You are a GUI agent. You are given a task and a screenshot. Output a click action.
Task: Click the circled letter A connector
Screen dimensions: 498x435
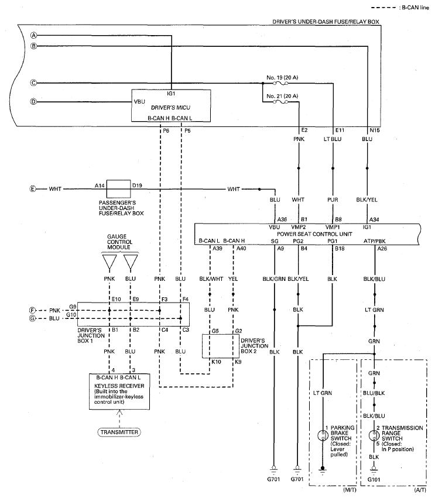click(35, 35)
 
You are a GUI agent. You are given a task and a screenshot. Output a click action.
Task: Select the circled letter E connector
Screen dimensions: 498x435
click(34, 189)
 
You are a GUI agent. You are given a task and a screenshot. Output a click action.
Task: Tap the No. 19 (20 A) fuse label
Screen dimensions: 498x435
click(282, 77)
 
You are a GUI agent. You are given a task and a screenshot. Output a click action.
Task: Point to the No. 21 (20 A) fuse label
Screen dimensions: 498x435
click(282, 95)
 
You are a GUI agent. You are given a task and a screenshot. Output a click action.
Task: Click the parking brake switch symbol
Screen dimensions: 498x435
click(322, 435)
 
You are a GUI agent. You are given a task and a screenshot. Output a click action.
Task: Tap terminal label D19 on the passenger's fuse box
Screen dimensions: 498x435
click(138, 185)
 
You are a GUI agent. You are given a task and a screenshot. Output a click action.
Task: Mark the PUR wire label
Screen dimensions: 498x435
click(333, 200)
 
